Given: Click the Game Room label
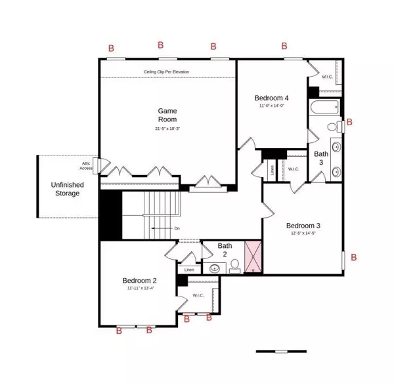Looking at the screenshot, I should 167,115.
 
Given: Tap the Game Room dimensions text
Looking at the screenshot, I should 167,129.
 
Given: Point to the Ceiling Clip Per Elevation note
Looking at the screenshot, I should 167,72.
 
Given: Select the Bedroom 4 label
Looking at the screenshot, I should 271,98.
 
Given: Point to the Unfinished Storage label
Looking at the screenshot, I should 67,190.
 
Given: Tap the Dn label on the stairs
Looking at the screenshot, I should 177,228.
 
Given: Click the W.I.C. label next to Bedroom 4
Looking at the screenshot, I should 326,77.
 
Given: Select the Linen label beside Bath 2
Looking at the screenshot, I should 189,270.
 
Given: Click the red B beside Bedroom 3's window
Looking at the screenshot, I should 354,258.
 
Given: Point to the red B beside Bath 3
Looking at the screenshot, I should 349,122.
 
